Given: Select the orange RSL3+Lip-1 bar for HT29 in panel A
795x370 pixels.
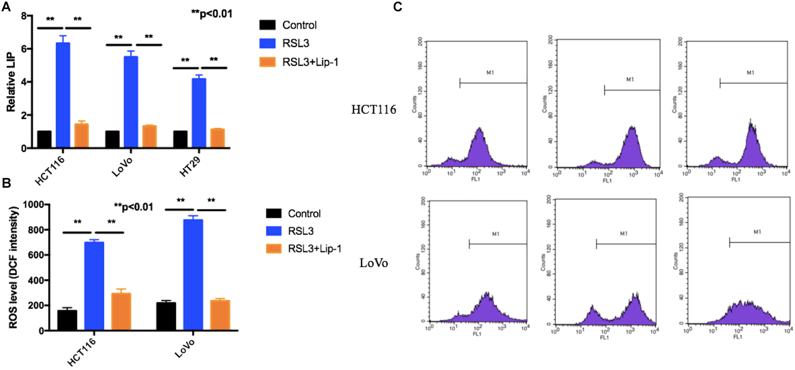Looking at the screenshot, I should point(218,138).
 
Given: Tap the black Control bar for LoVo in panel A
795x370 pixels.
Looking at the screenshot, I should point(112,139).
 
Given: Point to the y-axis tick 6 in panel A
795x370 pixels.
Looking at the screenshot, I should point(24,48).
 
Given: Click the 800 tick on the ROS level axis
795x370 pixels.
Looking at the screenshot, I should point(33,230).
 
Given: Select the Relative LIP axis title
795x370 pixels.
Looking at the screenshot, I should point(11,82).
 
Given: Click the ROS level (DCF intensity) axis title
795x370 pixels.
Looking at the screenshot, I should point(13,267).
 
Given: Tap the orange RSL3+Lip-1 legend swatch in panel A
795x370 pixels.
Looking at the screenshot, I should point(267,62).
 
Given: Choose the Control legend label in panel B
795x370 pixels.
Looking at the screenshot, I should point(304,214).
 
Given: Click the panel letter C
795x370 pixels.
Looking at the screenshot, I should point(397,7).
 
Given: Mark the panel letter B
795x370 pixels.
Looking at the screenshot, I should point(6,183).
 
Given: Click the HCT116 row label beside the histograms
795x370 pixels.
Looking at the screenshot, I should point(373,110).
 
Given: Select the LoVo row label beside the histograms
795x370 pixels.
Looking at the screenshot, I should point(373,263).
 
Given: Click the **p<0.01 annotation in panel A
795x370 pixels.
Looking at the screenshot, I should point(212,14).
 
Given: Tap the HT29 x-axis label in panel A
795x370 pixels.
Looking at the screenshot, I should point(190,167).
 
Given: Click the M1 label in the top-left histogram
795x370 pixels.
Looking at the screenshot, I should point(490,73).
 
